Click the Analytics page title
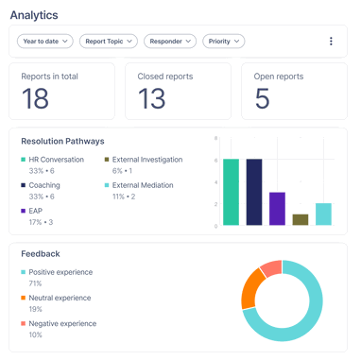pyautogui.click(x=34, y=15)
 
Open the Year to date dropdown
pyautogui.click(x=45, y=42)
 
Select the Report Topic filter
pyautogui.click(x=108, y=42)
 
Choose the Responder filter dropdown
pyautogui.click(x=170, y=42)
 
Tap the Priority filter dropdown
pyautogui.click(x=223, y=42)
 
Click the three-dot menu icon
pyautogui.click(x=331, y=42)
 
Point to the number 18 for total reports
pyautogui.click(x=36, y=98)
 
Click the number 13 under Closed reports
pyautogui.click(x=151, y=98)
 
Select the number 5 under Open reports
pyautogui.click(x=262, y=98)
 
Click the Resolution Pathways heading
pyautogui.click(x=62, y=141)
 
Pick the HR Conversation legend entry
pyautogui.click(x=56, y=160)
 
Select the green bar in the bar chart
pyautogui.click(x=231, y=193)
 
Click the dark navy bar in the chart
pyautogui.click(x=254, y=193)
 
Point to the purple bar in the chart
pyautogui.click(x=277, y=209)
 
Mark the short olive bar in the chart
pyautogui.click(x=301, y=220)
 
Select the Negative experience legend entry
pyautogui.click(x=61, y=323)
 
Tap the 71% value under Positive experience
pyautogui.click(x=35, y=283)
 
